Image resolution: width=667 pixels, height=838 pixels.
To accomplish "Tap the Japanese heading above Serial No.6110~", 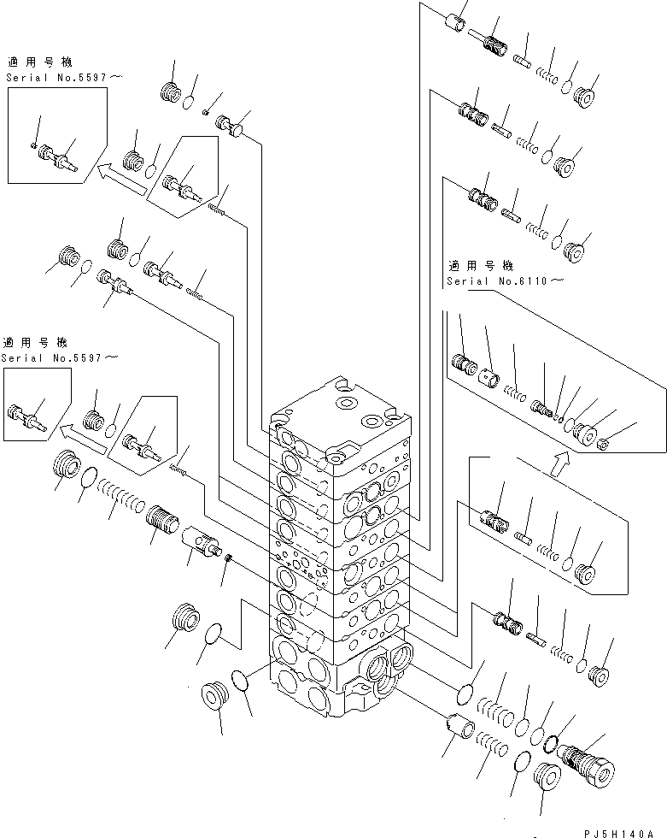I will pyautogui.click(x=479, y=266).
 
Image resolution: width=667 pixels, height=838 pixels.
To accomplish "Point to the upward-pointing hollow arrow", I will pyautogui.click(x=559, y=463).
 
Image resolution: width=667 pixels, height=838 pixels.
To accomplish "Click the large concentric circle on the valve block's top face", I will pyautogui.click(x=346, y=402).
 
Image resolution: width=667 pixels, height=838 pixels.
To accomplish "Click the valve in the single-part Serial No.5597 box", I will pyautogui.click(x=25, y=417).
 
